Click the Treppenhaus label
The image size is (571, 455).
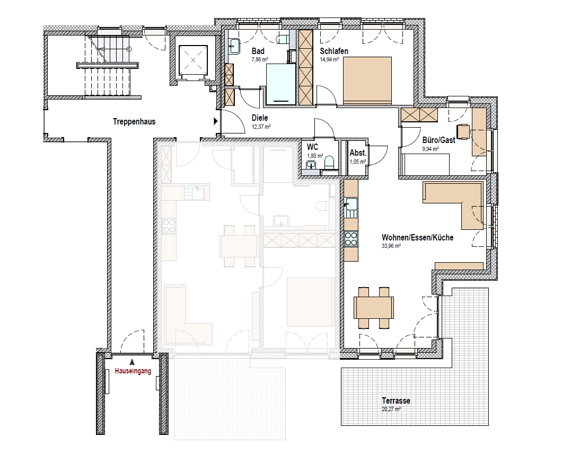pyautogui.click(x=134, y=122)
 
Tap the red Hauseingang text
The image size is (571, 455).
pyautogui.click(x=133, y=371)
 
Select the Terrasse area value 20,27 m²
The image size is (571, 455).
pyautogui.click(x=391, y=409)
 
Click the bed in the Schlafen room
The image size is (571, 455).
pyautogui.click(x=367, y=81)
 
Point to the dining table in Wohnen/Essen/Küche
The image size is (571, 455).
pyautogui.click(x=374, y=308)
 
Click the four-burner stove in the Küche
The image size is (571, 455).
pyautogui.click(x=351, y=239)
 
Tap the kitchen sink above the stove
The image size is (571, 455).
pyautogui.click(x=352, y=204)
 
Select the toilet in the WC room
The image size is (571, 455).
pyautogui.click(x=329, y=163)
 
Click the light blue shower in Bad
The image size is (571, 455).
pyautogui.click(x=281, y=84)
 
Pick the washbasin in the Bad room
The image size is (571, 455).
pyautogui.click(x=234, y=46)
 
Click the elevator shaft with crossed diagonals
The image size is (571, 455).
pyautogui.click(x=192, y=60)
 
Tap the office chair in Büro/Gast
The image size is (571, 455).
pyautogui.click(x=463, y=132)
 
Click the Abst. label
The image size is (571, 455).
pyautogui.click(x=358, y=153)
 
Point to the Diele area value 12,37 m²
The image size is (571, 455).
pyautogui.click(x=261, y=127)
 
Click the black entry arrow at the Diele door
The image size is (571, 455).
pyautogui.click(x=216, y=121)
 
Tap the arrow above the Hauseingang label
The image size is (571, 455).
pyautogui.click(x=132, y=362)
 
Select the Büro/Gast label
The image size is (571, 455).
pyautogui.click(x=439, y=140)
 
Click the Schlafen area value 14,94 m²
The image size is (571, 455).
pyautogui.click(x=330, y=60)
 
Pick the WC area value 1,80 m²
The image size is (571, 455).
pyautogui.click(x=315, y=156)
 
